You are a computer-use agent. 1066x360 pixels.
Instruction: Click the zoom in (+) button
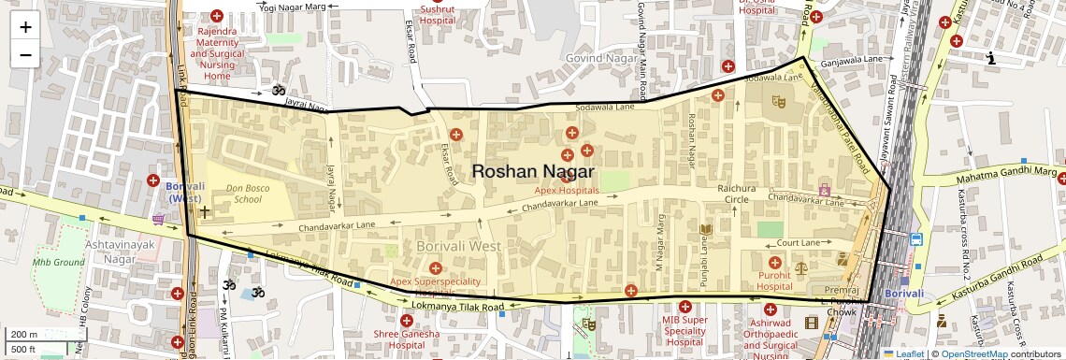point(25,27)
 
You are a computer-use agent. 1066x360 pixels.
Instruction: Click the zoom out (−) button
point(25,55)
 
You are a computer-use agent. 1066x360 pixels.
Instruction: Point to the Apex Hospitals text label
point(567,190)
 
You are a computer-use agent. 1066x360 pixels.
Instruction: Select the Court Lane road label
point(798,243)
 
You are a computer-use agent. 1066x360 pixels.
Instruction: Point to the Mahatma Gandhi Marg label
point(1005,174)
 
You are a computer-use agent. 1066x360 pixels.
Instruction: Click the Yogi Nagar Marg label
point(294,7)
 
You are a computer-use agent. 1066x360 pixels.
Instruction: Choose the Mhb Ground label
point(53,262)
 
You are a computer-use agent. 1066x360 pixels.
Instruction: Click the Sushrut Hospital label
point(437,14)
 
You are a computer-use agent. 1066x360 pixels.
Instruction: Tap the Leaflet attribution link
point(909,353)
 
